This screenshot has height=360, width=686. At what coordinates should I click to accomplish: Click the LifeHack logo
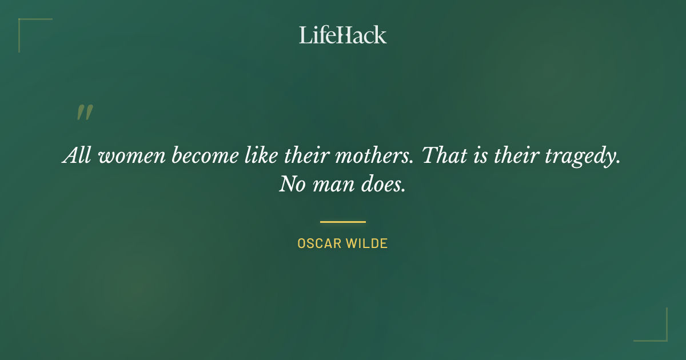(x=343, y=35)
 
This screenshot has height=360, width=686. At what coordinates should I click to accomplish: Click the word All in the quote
(x=75, y=155)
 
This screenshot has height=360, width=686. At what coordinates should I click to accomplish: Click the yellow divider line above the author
(x=343, y=222)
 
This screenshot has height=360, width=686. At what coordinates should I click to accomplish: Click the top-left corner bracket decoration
(x=26, y=26)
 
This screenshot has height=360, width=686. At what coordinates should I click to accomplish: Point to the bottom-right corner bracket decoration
(x=660, y=334)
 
